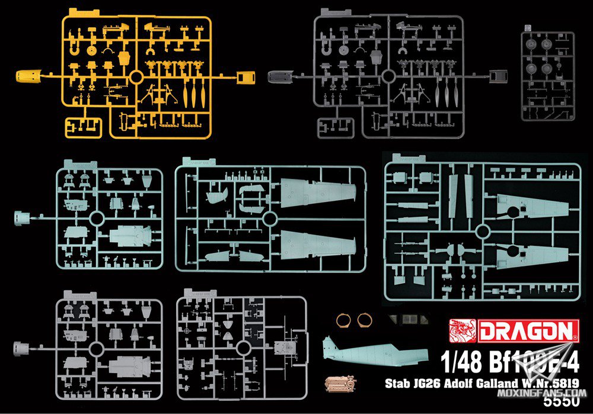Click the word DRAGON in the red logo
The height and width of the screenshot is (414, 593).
[x=527, y=331]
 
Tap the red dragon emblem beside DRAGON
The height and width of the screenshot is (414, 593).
[x=463, y=331]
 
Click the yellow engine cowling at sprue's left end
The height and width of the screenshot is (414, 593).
[x=26, y=76]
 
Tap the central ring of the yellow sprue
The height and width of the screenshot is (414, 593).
[x=135, y=77]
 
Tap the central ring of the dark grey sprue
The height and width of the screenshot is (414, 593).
[x=388, y=76]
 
